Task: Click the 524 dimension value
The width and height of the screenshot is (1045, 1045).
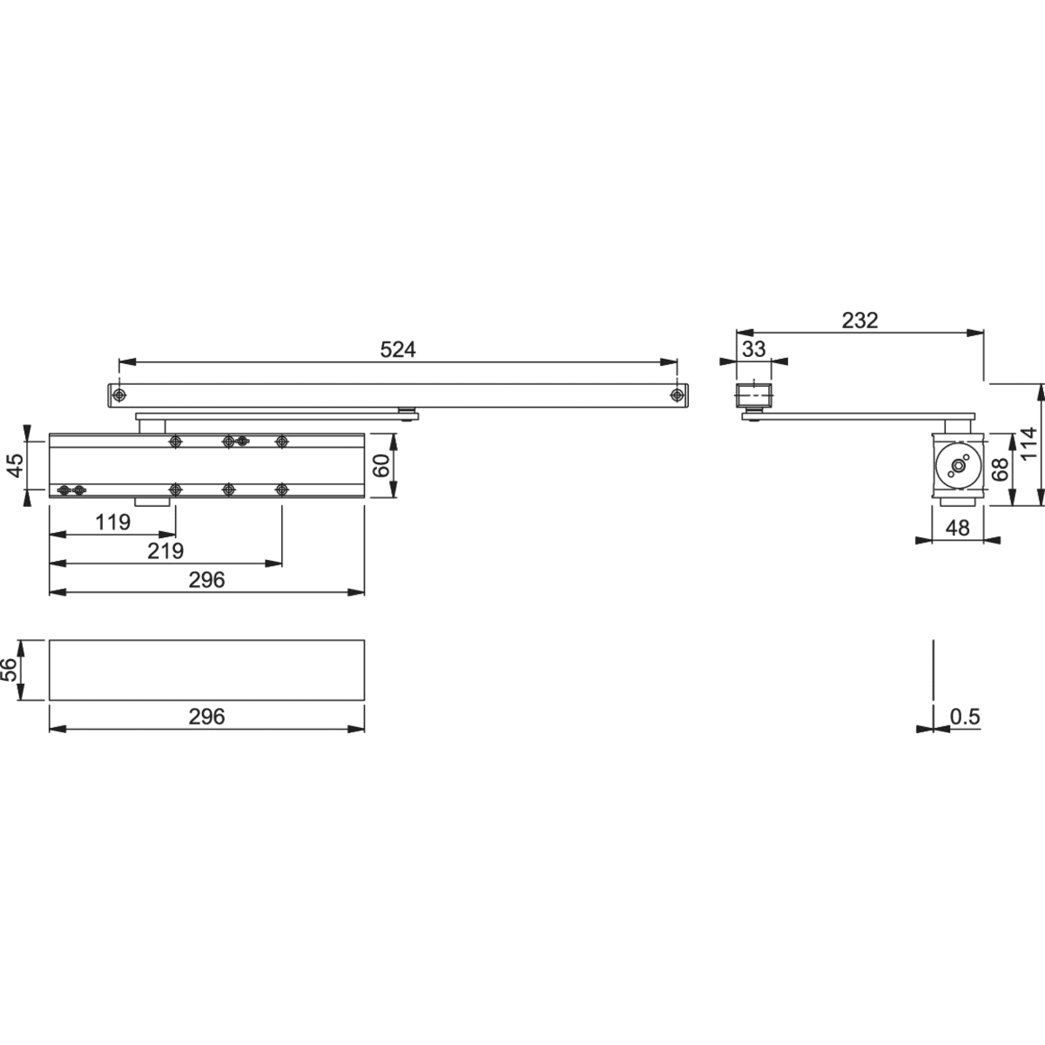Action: (399, 349)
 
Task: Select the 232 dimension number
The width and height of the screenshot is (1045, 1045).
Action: (860, 320)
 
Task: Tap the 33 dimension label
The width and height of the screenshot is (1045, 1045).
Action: (754, 349)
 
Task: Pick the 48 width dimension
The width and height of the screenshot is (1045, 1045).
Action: (957, 528)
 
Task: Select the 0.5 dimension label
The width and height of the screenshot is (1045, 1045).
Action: (965, 717)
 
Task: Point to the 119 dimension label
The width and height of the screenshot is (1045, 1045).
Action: (112, 522)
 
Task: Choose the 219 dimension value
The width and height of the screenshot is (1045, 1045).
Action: (165, 551)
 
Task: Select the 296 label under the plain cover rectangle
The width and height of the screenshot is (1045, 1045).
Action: (206, 717)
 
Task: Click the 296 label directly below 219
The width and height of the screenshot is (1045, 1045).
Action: (206, 580)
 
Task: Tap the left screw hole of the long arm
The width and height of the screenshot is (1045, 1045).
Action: (119, 395)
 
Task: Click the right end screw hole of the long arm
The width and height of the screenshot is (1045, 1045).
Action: (676, 395)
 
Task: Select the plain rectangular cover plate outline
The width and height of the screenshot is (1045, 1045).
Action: (206, 670)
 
